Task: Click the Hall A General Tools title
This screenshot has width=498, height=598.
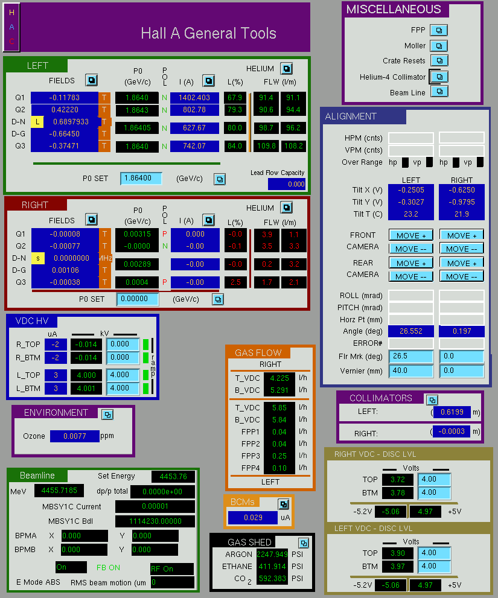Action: pyautogui.click(x=208, y=33)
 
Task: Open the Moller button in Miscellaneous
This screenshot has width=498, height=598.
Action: pyautogui.click(x=439, y=46)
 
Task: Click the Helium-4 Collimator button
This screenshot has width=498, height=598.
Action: pyautogui.click(x=439, y=77)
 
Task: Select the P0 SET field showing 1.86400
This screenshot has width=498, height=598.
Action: pyautogui.click(x=141, y=178)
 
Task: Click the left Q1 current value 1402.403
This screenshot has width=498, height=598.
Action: pyautogui.click(x=194, y=98)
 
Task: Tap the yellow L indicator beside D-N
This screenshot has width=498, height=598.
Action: pyautogui.click(x=37, y=122)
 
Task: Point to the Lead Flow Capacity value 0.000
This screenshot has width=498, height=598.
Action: pyautogui.click(x=287, y=184)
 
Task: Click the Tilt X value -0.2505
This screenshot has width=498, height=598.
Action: pyautogui.click(x=411, y=190)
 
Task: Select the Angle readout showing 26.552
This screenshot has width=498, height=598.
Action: pyautogui.click(x=411, y=331)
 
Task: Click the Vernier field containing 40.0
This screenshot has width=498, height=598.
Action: pyautogui.click(x=411, y=371)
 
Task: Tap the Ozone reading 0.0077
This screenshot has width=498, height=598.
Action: pyautogui.click(x=75, y=436)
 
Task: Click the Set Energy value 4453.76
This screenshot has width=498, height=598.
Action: pyautogui.click(x=173, y=476)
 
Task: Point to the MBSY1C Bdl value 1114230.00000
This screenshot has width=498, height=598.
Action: pyautogui.click(x=155, y=521)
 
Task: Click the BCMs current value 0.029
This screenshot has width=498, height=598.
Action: pyautogui.click(x=253, y=518)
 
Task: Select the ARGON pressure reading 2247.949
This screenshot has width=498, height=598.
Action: pyautogui.click(x=272, y=554)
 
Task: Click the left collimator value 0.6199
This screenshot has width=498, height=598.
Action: pyautogui.click(x=452, y=412)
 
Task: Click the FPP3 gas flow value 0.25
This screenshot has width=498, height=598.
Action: pyautogui.click(x=279, y=456)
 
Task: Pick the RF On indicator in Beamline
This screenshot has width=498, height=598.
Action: pyautogui.click(x=172, y=568)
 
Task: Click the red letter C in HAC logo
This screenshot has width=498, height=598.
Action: pyautogui.click(x=12, y=41)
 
